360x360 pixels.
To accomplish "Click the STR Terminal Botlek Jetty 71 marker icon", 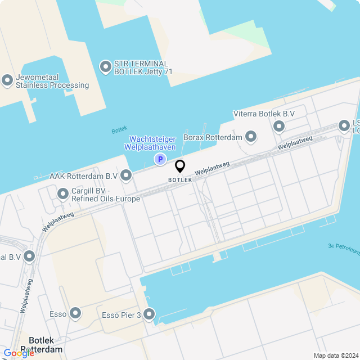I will coord(105,67).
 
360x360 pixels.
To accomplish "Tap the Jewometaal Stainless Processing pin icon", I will coord(7,80).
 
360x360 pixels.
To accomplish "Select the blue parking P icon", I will coord(160,160).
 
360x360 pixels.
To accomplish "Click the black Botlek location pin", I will coord(180,166).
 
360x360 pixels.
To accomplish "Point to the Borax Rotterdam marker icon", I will coord(251,137).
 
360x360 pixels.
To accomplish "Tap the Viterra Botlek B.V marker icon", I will coord(279,126).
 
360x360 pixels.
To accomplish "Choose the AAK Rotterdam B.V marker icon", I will coord(126,175).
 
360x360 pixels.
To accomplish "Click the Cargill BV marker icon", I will coord(63,194).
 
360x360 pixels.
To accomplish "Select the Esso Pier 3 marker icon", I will coord(149,314).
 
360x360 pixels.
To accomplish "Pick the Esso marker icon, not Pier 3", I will coord(75,313).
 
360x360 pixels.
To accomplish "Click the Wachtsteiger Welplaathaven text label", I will coord(153,143).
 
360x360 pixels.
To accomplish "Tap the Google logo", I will coord(19,353).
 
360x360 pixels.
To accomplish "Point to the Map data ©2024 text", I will coord(336,355).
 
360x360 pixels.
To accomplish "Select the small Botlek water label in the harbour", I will coord(119,130).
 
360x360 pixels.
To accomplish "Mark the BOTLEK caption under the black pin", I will coord(180,180).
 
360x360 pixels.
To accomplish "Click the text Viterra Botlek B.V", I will coord(264,114).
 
